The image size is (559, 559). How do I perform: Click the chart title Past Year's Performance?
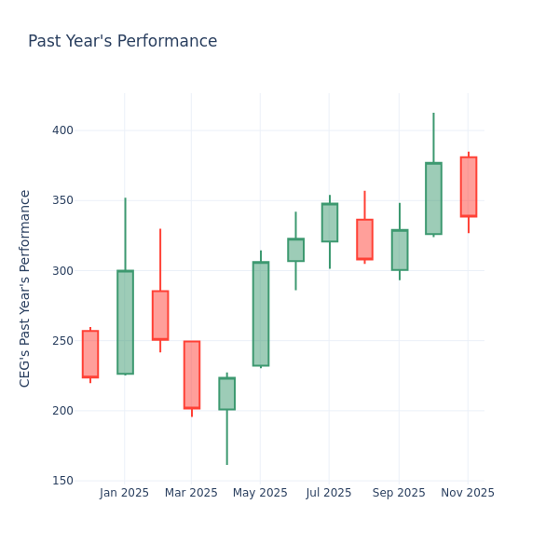[122, 42]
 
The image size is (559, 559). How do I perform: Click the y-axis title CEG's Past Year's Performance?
[26, 288]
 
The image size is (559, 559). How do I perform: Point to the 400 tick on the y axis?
[62, 130]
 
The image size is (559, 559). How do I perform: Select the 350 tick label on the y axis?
[62, 200]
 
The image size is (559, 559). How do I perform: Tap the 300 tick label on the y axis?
[62, 271]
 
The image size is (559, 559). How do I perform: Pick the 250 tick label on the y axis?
[62, 341]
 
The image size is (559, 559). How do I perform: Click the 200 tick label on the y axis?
[62, 411]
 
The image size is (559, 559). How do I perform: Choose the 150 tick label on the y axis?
[62, 481]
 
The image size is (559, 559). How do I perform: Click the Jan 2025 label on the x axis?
[125, 493]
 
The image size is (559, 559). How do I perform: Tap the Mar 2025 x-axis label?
[192, 493]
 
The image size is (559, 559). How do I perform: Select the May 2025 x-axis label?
[261, 493]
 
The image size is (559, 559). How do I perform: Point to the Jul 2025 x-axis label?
[329, 493]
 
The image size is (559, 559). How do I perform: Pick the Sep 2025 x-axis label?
[399, 493]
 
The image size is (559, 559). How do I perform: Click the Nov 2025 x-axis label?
[468, 493]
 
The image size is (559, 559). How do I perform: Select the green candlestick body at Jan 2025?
[125, 322]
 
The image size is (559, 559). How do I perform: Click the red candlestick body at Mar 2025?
[192, 375]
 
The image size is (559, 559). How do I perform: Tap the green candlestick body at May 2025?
[261, 314]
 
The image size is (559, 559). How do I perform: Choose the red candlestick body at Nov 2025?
[469, 186]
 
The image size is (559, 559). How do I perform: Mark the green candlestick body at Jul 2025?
[330, 223]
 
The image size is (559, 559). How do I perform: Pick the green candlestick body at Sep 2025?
[400, 250]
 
